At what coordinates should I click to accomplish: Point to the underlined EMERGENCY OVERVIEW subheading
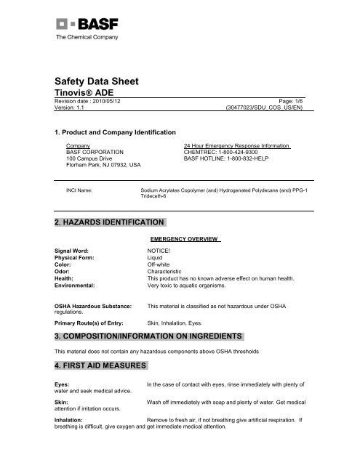185,238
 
